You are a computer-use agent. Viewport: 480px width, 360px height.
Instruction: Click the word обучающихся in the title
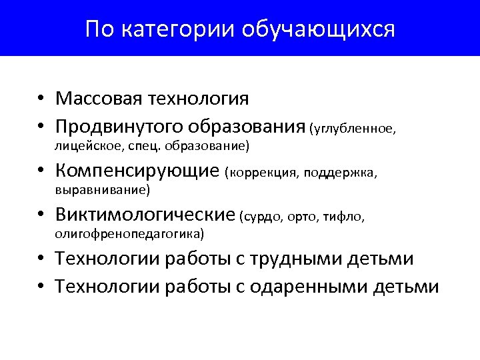[x=318, y=29]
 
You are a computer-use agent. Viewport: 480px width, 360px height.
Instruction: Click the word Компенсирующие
[x=137, y=171]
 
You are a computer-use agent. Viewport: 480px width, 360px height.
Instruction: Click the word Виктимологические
[x=145, y=215]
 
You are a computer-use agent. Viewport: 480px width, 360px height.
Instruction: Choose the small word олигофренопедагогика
[x=129, y=233]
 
